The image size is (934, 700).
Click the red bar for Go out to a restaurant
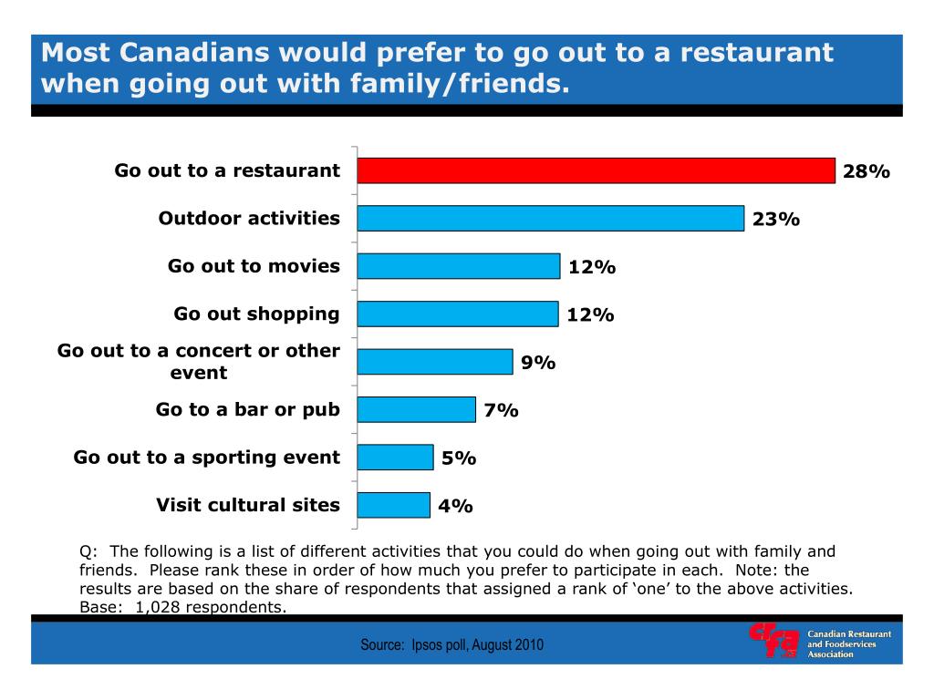(596, 170)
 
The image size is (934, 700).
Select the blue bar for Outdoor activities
(550, 219)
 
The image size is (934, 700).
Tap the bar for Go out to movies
(458, 266)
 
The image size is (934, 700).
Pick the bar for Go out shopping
(457, 314)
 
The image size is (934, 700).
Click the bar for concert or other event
(434, 362)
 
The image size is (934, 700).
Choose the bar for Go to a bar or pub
(416, 409)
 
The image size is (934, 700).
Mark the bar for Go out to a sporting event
(395, 458)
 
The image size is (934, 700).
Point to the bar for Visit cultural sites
(393, 505)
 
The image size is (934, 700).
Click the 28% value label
(866, 171)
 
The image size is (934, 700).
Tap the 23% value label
(776, 220)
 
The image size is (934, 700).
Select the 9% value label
(538, 363)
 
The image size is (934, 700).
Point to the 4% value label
(455, 506)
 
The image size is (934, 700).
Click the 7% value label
(501, 411)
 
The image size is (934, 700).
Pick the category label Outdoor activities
(249, 219)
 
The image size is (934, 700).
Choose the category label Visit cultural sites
(248, 505)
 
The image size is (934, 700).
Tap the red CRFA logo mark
(773, 642)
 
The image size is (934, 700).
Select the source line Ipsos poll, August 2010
(452, 645)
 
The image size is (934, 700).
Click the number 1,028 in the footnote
(158, 606)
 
